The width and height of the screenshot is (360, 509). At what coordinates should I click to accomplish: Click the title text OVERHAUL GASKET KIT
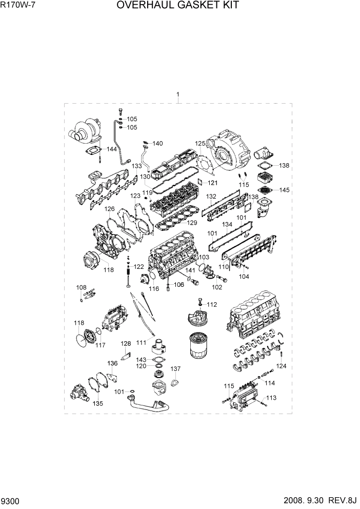pyautogui.click(x=177, y=6)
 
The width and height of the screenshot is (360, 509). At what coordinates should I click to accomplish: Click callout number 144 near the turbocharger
pyautogui.click(x=111, y=149)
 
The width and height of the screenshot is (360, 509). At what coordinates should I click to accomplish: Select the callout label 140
pyautogui.click(x=157, y=143)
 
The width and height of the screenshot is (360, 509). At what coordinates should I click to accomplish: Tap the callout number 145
pyautogui.click(x=284, y=190)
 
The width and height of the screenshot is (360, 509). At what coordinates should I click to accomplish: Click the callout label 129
pyautogui.click(x=192, y=223)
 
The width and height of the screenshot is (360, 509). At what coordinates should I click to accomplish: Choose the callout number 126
pyautogui.click(x=110, y=209)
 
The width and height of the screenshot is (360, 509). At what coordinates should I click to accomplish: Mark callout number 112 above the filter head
pyautogui.click(x=212, y=304)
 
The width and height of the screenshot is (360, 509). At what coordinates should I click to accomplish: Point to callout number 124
pyautogui.click(x=282, y=366)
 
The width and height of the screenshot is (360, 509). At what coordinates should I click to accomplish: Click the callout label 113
pyautogui.click(x=271, y=398)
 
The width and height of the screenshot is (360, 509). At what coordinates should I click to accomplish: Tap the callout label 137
pyautogui.click(x=175, y=369)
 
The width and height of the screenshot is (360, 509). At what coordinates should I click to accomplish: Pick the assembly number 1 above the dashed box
pyautogui.click(x=177, y=94)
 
